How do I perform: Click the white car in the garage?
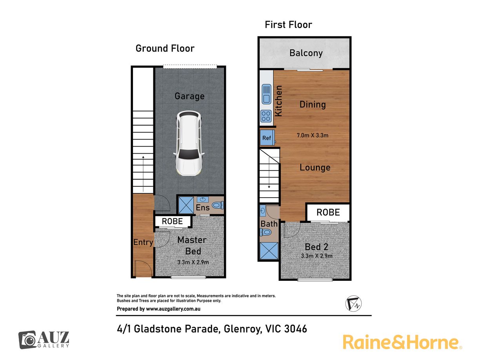[x=189, y=143]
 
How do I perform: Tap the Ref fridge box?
[x=267, y=138]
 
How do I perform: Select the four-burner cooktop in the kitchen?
[x=266, y=116]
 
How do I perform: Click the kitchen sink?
[x=266, y=94]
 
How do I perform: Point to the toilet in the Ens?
[x=218, y=205]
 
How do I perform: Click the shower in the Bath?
[x=269, y=250]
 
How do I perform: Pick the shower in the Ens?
[x=186, y=205]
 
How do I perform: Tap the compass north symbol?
[x=353, y=304]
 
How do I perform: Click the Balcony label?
[x=306, y=53]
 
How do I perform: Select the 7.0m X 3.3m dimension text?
[x=313, y=135]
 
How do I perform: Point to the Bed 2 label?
[x=316, y=247]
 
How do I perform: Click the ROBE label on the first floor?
[x=328, y=212]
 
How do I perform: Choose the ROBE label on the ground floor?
[x=172, y=221]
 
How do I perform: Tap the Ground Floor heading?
[x=165, y=48]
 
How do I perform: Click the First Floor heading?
[x=289, y=24]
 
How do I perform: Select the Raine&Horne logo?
[x=402, y=342]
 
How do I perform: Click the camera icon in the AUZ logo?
[x=27, y=340]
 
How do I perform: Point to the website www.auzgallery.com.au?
[x=173, y=309]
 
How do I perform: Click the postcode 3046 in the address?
[x=295, y=329]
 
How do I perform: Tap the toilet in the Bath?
[x=266, y=232]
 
